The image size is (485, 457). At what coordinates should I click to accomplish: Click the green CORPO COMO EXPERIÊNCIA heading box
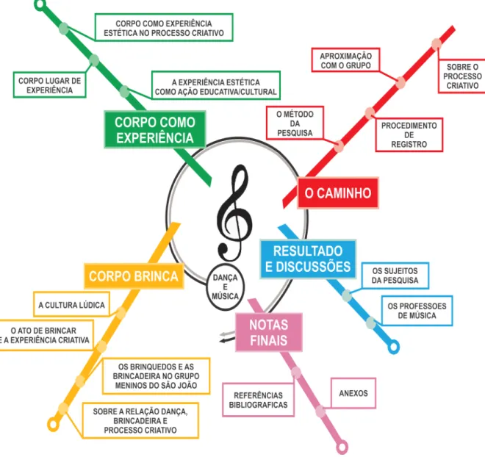click(x=155, y=129)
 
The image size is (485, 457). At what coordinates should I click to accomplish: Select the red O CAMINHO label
click(x=338, y=193)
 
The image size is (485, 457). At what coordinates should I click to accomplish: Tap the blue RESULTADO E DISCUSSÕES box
click(x=308, y=259)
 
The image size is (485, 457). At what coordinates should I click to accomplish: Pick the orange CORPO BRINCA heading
click(x=134, y=276)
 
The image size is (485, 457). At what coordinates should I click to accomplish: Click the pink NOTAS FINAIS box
click(x=268, y=332)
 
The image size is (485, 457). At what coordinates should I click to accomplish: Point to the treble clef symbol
click(x=234, y=213)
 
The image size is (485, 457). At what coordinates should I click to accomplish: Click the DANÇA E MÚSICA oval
click(x=225, y=287)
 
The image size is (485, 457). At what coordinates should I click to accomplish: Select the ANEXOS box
click(x=353, y=393)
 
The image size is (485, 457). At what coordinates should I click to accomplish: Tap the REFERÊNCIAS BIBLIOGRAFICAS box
click(x=258, y=400)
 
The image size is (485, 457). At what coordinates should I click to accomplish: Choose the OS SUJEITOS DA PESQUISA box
click(x=395, y=276)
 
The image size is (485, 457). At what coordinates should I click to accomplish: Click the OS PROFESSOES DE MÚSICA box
click(x=417, y=311)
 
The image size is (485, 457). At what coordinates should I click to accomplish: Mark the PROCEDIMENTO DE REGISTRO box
click(x=409, y=134)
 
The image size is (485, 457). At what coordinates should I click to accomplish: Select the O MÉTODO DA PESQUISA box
click(x=295, y=123)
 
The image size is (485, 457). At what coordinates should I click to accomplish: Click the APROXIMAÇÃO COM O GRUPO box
click(x=345, y=60)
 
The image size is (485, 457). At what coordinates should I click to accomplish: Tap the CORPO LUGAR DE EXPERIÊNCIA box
click(x=49, y=85)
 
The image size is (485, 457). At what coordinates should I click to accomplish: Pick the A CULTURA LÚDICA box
click(x=71, y=305)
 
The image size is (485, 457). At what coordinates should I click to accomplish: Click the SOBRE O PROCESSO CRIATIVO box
click(x=462, y=76)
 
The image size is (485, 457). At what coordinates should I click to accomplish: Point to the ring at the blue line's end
click(x=393, y=347)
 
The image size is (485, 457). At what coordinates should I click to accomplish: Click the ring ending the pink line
click(x=342, y=447)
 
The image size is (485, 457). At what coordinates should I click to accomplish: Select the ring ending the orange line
click(x=53, y=424)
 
